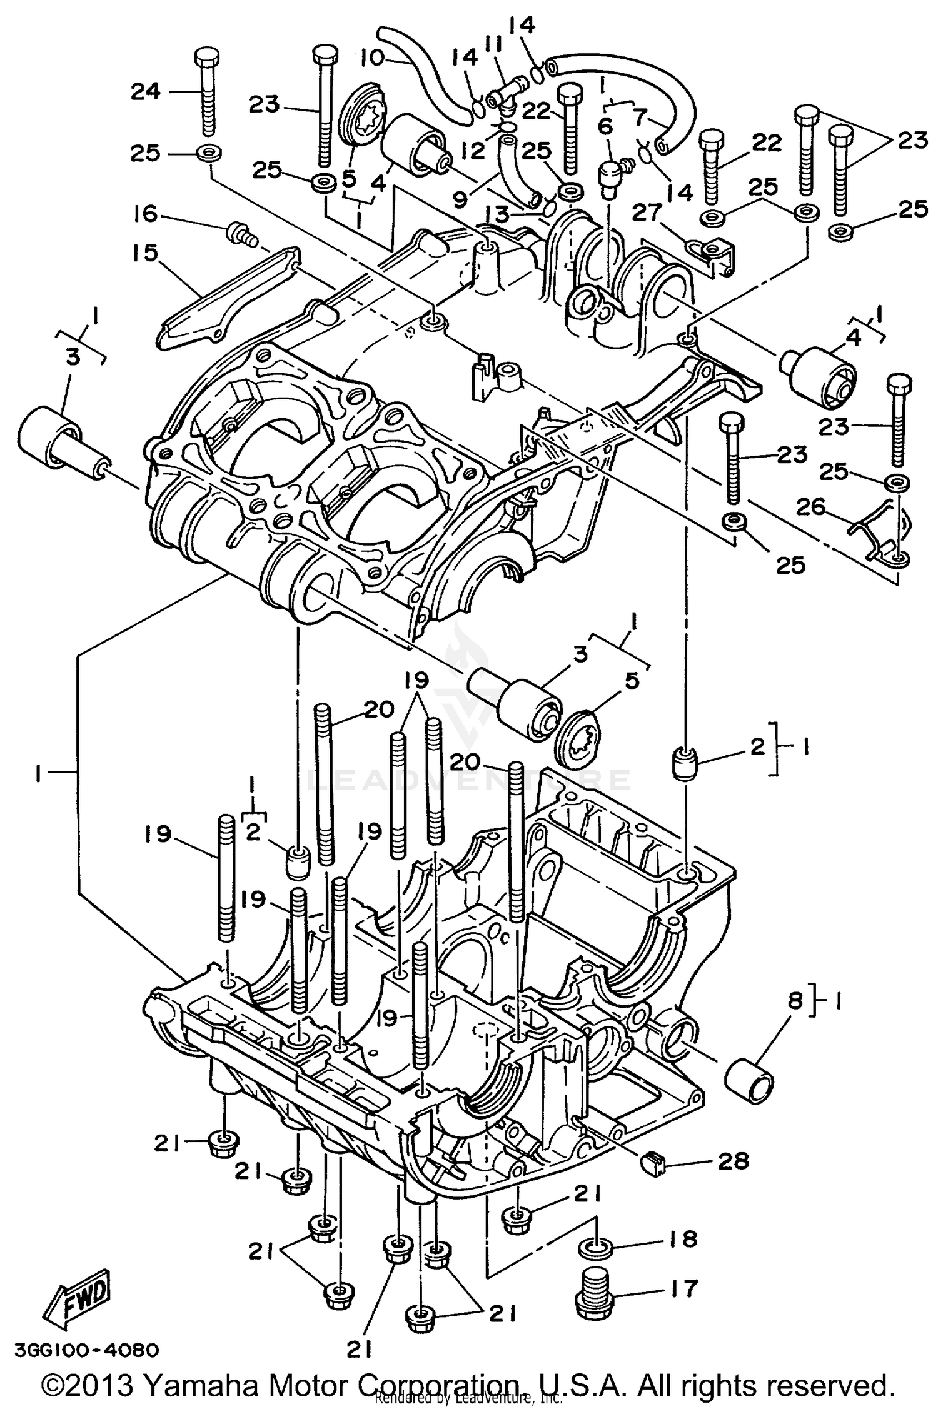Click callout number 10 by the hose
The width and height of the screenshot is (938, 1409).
pos(373,58)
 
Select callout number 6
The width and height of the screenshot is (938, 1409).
pos(605,126)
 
